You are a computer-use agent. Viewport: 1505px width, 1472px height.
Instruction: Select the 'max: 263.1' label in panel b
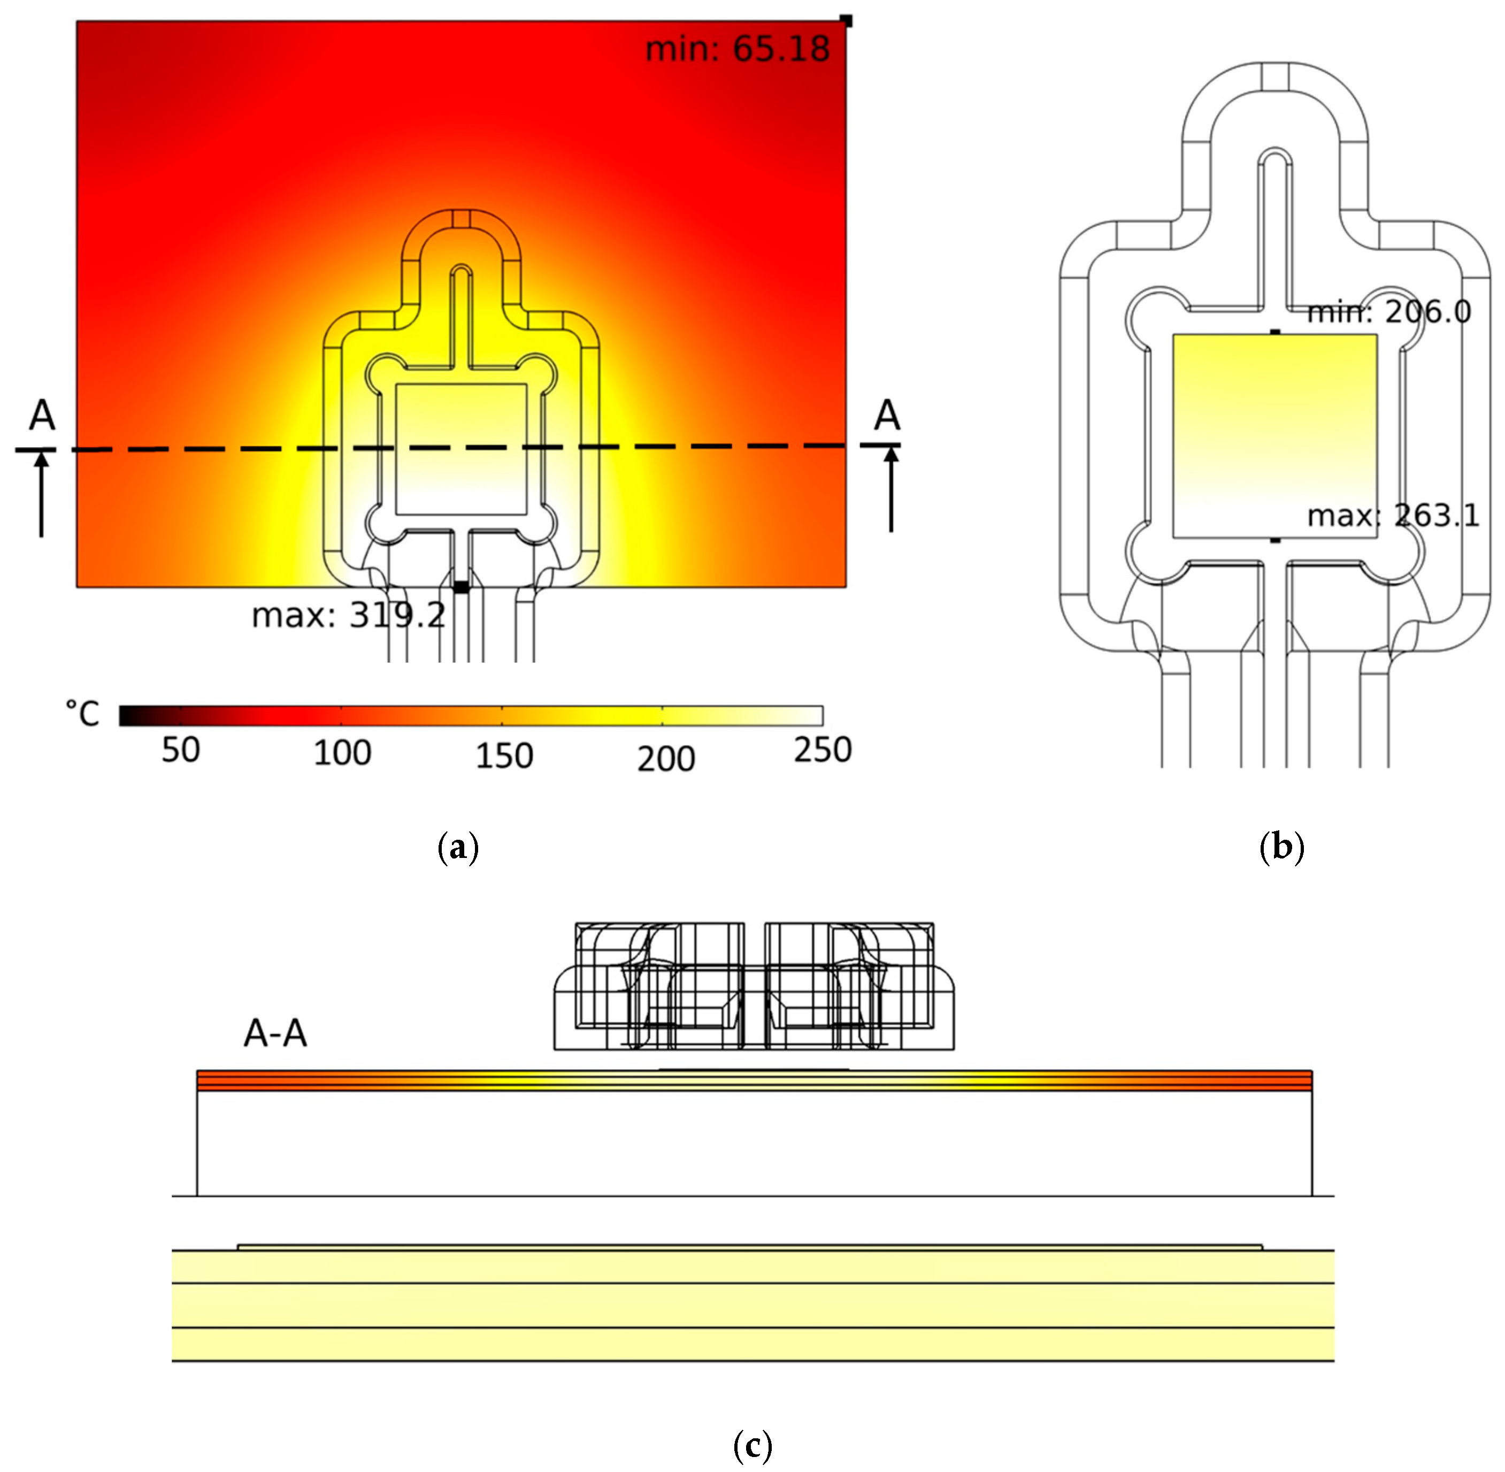pyautogui.click(x=1393, y=516)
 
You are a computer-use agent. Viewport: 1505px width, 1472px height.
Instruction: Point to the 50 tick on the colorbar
pyautogui.click(x=180, y=750)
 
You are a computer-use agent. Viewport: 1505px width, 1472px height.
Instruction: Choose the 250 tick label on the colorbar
pyautogui.click(x=823, y=750)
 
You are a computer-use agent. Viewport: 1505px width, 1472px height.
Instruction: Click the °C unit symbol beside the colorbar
pyautogui.click(x=83, y=714)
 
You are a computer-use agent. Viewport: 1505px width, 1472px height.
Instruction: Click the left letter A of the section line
pyautogui.click(x=42, y=416)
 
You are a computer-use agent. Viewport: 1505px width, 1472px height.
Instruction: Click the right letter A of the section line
pyautogui.click(x=887, y=416)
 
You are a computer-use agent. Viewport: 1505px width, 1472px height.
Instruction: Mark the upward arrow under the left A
pyautogui.click(x=42, y=495)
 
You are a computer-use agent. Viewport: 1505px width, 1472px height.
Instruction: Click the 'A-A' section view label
pyautogui.click(x=275, y=1033)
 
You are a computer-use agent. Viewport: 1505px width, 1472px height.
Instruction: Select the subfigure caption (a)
pyautogui.click(x=458, y=847)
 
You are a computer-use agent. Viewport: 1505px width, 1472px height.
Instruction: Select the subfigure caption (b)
pyautogui.click(x=1281, y=847)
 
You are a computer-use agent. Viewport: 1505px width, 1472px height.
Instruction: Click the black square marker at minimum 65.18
pyautogui.click(x=847, y=21)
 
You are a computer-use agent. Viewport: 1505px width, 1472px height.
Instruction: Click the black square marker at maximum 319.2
pyautogui.click(x=460, y=587)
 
